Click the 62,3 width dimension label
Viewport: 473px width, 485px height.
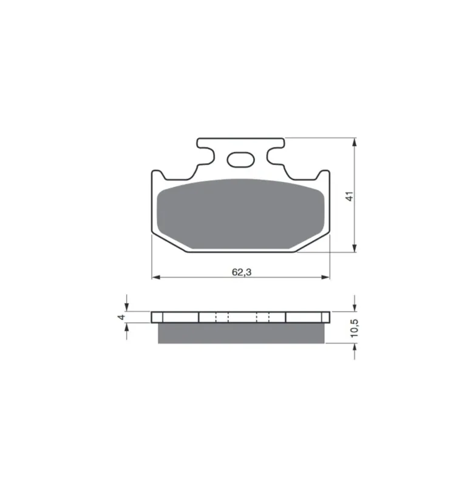[242, 272]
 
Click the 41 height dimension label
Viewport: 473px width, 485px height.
[349, 196]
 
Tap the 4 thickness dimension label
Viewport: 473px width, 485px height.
[121, 317]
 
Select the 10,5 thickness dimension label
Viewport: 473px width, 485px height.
[355, 328]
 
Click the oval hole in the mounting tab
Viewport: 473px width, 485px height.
[240, 159]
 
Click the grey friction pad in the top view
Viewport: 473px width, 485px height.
[240, 214]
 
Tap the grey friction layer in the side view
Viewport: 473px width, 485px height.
[241, 333]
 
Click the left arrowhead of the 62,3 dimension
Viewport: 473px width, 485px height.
[156, 278]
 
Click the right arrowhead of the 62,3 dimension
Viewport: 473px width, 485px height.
[325, 278]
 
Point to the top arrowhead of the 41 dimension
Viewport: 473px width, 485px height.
[355, 142]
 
